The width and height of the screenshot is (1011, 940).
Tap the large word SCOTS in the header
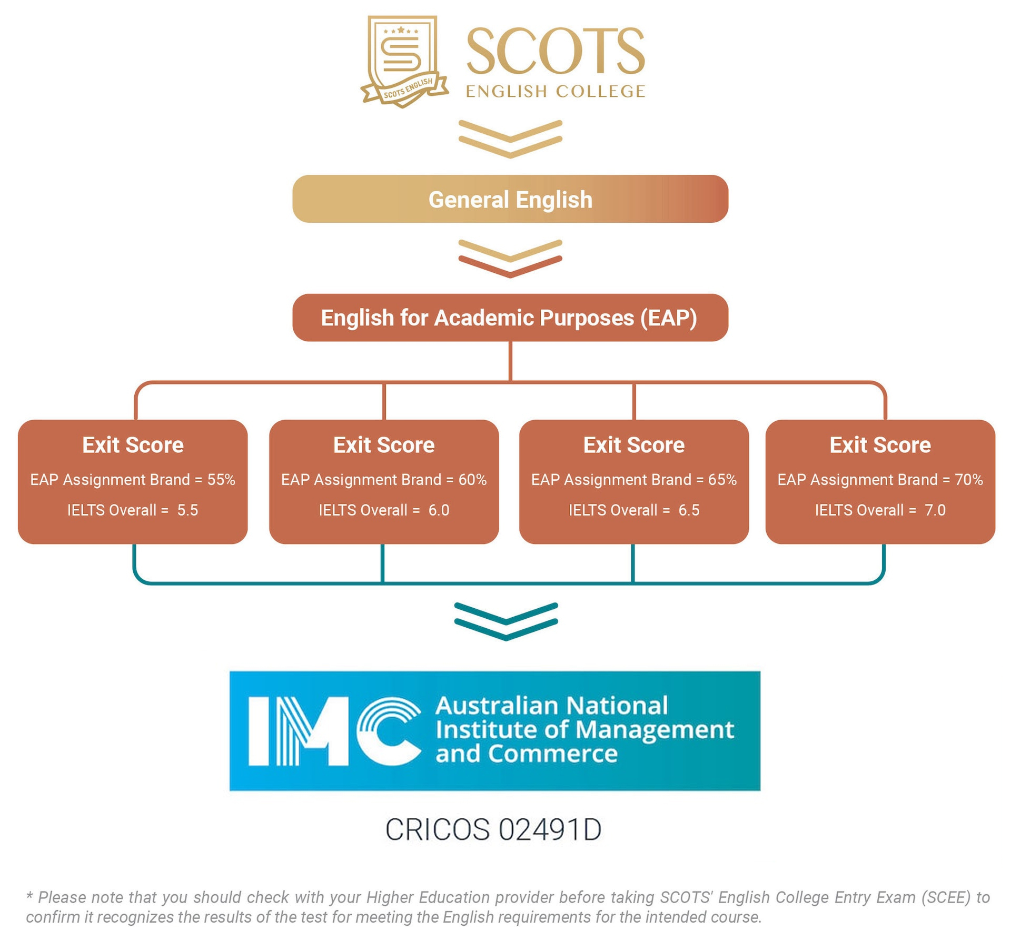555,52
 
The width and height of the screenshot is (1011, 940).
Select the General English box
510,199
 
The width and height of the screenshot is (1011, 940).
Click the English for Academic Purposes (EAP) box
510,318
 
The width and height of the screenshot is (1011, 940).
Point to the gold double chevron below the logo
510,138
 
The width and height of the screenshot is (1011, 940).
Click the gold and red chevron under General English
510,258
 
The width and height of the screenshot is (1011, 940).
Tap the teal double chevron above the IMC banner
506,621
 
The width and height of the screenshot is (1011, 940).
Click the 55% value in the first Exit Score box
221,480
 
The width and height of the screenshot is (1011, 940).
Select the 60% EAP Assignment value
472,480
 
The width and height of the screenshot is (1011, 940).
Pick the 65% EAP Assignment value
722,480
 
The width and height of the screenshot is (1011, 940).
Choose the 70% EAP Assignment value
968,480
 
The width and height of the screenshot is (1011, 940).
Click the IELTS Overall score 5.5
187,510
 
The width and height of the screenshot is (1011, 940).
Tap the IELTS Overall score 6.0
439,510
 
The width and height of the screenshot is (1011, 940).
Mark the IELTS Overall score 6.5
689,510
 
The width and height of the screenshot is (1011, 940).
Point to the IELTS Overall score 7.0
935,510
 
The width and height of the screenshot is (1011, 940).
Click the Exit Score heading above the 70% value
880,445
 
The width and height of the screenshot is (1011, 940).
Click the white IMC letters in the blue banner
334,731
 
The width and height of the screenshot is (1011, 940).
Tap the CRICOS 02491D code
493,829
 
